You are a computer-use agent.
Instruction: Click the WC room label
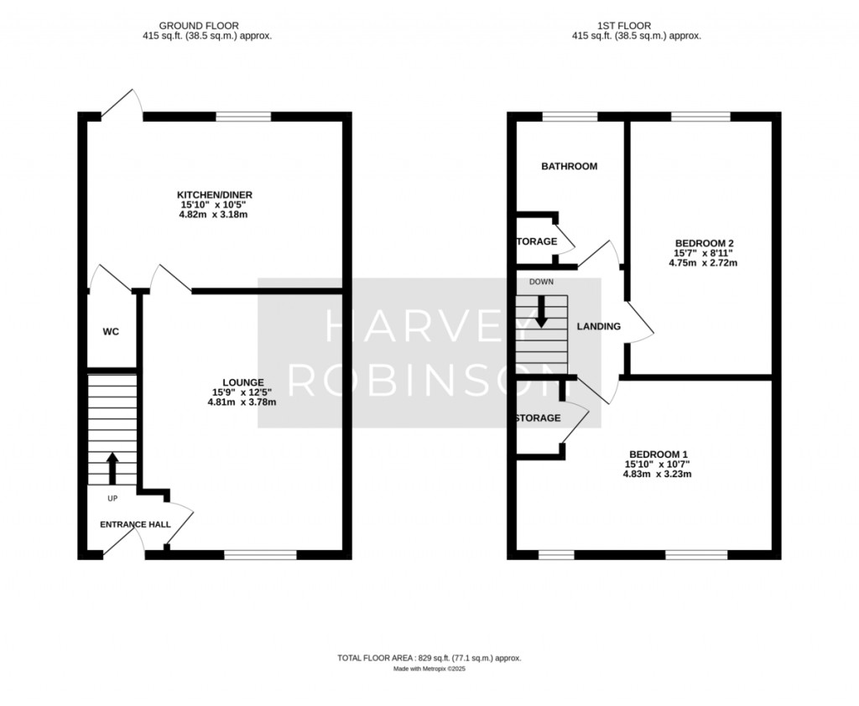coord(111,332)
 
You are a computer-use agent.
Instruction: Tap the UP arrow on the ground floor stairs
coord(112,469)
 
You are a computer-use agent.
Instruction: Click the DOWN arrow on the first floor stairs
coord(541,312)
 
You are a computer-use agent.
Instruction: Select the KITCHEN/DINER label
coord(214,195)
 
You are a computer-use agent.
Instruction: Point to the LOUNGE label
coord(242,383)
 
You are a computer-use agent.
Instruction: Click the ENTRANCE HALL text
coord(135,525)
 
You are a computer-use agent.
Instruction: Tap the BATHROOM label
coord(570,167)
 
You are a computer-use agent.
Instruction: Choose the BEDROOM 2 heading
coord(704,244)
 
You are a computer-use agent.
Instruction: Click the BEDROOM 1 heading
coord(658,454)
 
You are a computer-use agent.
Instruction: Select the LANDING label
coord(599,326)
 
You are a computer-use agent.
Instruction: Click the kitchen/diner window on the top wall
coord(243,116)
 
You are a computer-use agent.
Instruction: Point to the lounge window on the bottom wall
coord(260,555)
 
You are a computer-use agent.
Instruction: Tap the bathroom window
coord(570,116)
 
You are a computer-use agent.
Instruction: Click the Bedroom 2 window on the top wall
coord(700,116)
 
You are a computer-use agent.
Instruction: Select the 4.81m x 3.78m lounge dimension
coord(242,402)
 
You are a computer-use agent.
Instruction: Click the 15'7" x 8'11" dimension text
coord(703,253)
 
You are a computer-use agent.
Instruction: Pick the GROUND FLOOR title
coord(199,26)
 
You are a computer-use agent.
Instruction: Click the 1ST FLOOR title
coord(624,26)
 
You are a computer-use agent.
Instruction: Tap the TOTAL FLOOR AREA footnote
coord(429,658)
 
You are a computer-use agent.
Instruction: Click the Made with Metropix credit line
coord(429,669)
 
